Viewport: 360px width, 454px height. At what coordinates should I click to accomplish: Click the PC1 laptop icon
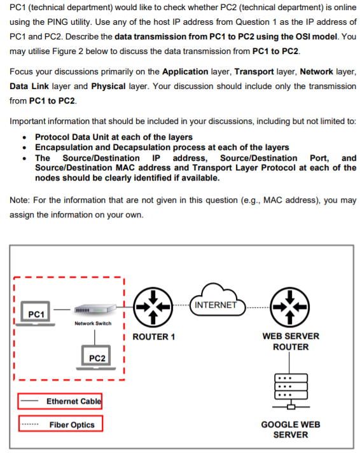(36, 313)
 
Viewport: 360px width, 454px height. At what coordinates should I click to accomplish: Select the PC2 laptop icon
(96, 357)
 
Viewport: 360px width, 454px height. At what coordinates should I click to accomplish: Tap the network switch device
(95, 309)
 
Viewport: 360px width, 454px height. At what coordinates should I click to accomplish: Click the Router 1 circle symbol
(153, 307)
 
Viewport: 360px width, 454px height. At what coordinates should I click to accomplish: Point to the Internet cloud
(218, 300)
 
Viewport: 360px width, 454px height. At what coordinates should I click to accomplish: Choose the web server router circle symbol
(289, 307)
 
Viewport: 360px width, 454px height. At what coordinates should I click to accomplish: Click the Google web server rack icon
(291, 391)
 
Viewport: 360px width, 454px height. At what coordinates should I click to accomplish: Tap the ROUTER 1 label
(153, 337)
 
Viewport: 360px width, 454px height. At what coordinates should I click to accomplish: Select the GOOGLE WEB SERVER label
(291, 429)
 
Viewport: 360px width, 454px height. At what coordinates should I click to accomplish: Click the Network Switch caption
(93, 324)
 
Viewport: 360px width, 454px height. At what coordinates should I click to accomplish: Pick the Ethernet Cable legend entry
(60, 401)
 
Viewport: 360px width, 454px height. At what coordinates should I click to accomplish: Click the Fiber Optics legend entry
(60, 423)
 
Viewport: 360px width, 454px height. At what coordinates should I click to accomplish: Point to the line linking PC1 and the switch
(62, 310)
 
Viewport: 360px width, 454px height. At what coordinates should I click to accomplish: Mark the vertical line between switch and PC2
(95, 337)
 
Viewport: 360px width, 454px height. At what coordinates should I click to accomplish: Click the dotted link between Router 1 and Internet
(181, 305)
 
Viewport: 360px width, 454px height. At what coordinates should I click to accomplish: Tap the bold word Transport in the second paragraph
(254, 71)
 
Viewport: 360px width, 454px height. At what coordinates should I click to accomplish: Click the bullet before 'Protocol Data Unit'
(25, 137)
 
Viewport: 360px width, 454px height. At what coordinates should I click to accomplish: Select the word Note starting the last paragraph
(19, 200)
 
